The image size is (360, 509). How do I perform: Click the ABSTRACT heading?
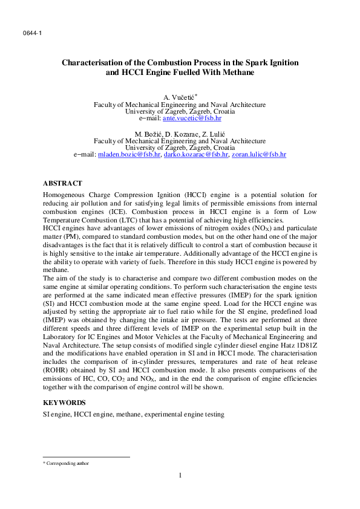click(62, 183)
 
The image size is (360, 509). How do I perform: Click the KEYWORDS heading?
click(64, 402)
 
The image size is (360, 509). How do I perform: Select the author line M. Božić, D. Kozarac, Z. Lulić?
click(180, 134)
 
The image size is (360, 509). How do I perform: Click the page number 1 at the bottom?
click(180, 475)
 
